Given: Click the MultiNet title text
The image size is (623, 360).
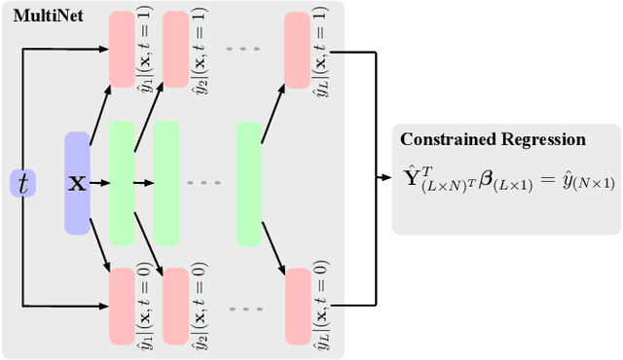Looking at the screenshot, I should (x=44, y=16).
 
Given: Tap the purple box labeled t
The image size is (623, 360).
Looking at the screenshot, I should (x=22, y=181).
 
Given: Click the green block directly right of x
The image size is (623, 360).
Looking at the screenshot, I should (x=122, y=182).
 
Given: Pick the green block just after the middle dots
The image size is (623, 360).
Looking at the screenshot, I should (x=249, y=182).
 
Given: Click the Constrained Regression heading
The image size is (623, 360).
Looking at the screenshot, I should (x=494, y=139).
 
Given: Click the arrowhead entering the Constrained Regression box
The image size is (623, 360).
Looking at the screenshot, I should (x=386, y=179).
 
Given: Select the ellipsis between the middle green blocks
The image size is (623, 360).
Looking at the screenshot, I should (x=204, y=183).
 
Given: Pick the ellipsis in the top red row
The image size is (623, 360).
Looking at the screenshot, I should (x=239, y=45).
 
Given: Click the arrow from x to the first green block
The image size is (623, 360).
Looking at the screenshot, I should (x=98, y=182).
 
